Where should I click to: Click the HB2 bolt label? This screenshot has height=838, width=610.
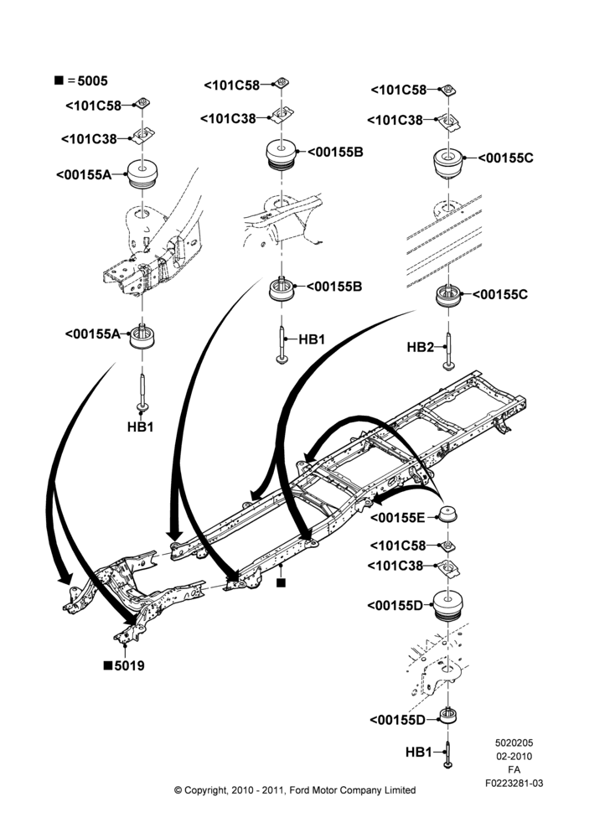(420, 348)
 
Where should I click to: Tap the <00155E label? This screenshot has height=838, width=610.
(397, 517)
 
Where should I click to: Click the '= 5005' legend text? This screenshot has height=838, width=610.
(88, 80)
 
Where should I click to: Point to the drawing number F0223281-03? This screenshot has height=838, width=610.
(514, 783)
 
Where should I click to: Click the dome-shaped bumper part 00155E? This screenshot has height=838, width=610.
(447, 515)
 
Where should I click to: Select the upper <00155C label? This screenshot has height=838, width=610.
(505, 158)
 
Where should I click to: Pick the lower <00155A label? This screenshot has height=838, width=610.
(93, 334)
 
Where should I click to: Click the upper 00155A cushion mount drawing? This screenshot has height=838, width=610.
(142, 173)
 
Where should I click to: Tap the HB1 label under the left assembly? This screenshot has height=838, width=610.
(141, 427)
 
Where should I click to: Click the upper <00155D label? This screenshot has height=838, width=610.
(395, 606)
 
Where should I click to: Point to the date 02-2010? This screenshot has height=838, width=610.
(514, 756)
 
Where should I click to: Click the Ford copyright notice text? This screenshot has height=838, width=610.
(295, 790)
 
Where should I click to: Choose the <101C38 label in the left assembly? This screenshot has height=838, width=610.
(89, 139)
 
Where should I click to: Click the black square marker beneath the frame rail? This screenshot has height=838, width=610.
(282, 582)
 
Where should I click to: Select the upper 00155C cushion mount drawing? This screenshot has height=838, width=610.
(447, 163)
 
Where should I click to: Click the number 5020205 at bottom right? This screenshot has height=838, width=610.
(514, 742)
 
